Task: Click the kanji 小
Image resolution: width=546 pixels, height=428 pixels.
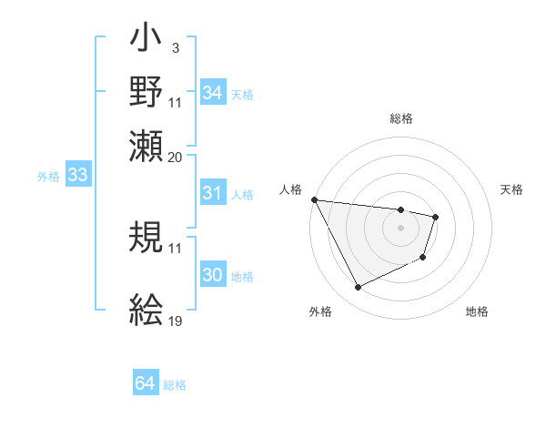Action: pos(147,43)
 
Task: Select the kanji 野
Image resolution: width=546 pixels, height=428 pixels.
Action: pos(147,92)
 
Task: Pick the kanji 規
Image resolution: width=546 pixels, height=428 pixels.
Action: pos(147,239)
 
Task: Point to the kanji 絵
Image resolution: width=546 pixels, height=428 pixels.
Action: pos(147,311)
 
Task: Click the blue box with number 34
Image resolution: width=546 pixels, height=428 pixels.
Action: pos(212,93)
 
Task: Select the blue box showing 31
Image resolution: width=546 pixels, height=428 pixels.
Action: pos(212,193)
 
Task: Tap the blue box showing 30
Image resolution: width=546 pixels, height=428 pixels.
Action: pos(212,276)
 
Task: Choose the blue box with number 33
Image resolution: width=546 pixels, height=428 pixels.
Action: pos(77,176)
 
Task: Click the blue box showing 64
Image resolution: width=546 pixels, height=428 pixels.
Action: pos(145,384)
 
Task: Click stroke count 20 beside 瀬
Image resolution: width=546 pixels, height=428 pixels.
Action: pos(176,157)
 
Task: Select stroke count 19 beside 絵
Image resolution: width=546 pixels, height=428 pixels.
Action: pos(176,321)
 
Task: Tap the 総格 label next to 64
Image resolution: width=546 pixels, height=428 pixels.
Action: pos(175,385)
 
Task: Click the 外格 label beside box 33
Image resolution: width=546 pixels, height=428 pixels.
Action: pos(47,177)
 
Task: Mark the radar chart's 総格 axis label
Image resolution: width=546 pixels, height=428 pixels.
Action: pos(400,118)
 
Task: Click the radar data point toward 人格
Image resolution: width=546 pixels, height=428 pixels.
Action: pos(314,199)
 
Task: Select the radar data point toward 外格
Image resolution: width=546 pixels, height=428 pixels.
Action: pos(358,288)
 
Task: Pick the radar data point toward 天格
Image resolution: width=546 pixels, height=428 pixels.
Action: pos(437,217)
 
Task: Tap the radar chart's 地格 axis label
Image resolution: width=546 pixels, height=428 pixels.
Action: pos(477,311)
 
